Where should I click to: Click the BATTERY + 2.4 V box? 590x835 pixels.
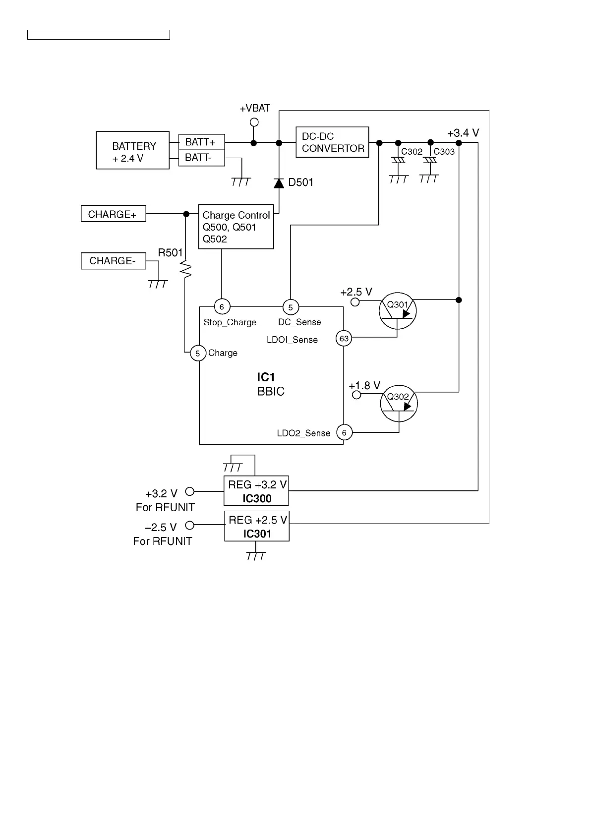(132, 150)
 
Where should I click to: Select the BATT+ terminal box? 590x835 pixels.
(201, 142)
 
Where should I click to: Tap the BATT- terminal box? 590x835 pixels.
(201, 158)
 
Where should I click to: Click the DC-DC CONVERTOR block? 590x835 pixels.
(332, 142)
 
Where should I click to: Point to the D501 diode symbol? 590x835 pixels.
(279, 183)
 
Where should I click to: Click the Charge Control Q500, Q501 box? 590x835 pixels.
(236, 227)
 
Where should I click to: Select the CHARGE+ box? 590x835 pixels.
(113, 214)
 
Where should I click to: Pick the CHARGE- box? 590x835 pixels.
(113, 261)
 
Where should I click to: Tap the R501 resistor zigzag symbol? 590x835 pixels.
(186, 270)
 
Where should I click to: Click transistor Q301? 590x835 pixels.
(397, 310)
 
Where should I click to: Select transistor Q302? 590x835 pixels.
(399, 404)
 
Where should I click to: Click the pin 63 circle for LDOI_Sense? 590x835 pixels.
(344, 339)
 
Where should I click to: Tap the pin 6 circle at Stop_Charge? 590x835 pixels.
(222, 307)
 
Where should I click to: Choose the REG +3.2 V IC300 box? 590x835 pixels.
(256, 491)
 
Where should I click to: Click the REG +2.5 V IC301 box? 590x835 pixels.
(257, 526)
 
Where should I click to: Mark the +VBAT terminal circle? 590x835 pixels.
(254, 122)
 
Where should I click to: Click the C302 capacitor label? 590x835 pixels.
(412, 152)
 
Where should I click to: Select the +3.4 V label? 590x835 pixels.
(463, 133)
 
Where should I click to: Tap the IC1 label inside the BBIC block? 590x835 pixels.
(266, 377)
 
